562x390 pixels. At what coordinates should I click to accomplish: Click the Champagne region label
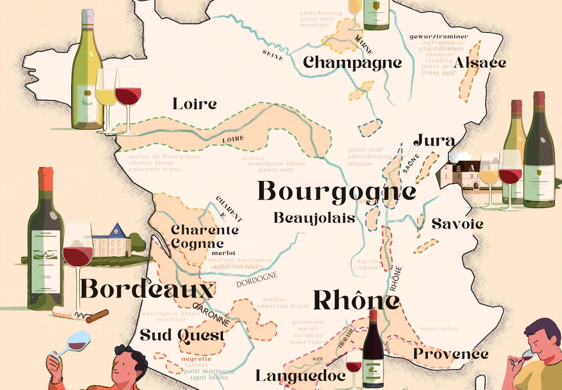click(353, 63)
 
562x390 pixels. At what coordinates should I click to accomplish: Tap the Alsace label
click(480, 63)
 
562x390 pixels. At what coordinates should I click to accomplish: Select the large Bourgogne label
click(337, 192)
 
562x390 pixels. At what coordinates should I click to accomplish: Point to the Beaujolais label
click(314, 218)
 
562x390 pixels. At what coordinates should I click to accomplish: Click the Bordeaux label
click(147, 290)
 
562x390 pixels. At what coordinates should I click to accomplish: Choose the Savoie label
click(457, 224)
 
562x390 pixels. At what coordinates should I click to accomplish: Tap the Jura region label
click(434, 141)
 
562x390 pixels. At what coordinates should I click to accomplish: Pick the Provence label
click(451, 354)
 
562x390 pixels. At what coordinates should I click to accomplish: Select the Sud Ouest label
click(183, 335)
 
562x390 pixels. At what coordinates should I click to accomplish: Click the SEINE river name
click(273, 55)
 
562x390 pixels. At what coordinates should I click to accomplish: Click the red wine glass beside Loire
click(127, 97)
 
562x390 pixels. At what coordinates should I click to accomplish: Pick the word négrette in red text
click(196, 359)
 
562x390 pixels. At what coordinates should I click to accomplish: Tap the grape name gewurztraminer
click(439, 37)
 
